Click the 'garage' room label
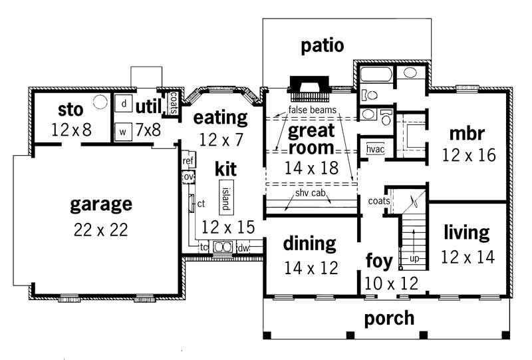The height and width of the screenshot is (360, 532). (101, 204)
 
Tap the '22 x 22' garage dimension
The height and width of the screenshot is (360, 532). (101, 230)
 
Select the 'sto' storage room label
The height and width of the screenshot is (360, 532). (69, 108)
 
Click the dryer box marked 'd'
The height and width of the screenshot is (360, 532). (124, 104)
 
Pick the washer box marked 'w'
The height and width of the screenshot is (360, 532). (123, 131)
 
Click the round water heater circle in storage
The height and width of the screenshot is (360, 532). (100, 102)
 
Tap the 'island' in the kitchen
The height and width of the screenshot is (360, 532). (225, 196)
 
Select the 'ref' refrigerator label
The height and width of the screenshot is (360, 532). (188, 160)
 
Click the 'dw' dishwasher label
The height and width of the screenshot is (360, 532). (243, 248)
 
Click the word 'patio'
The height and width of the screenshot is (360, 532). (323, 46)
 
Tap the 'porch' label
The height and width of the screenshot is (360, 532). (389, 318)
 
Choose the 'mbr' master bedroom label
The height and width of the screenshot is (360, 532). (467, 132)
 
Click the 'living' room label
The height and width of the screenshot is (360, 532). (467, 233)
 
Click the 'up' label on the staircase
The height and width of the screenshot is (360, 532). (414, 257)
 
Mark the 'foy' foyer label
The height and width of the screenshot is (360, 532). (380, 260)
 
